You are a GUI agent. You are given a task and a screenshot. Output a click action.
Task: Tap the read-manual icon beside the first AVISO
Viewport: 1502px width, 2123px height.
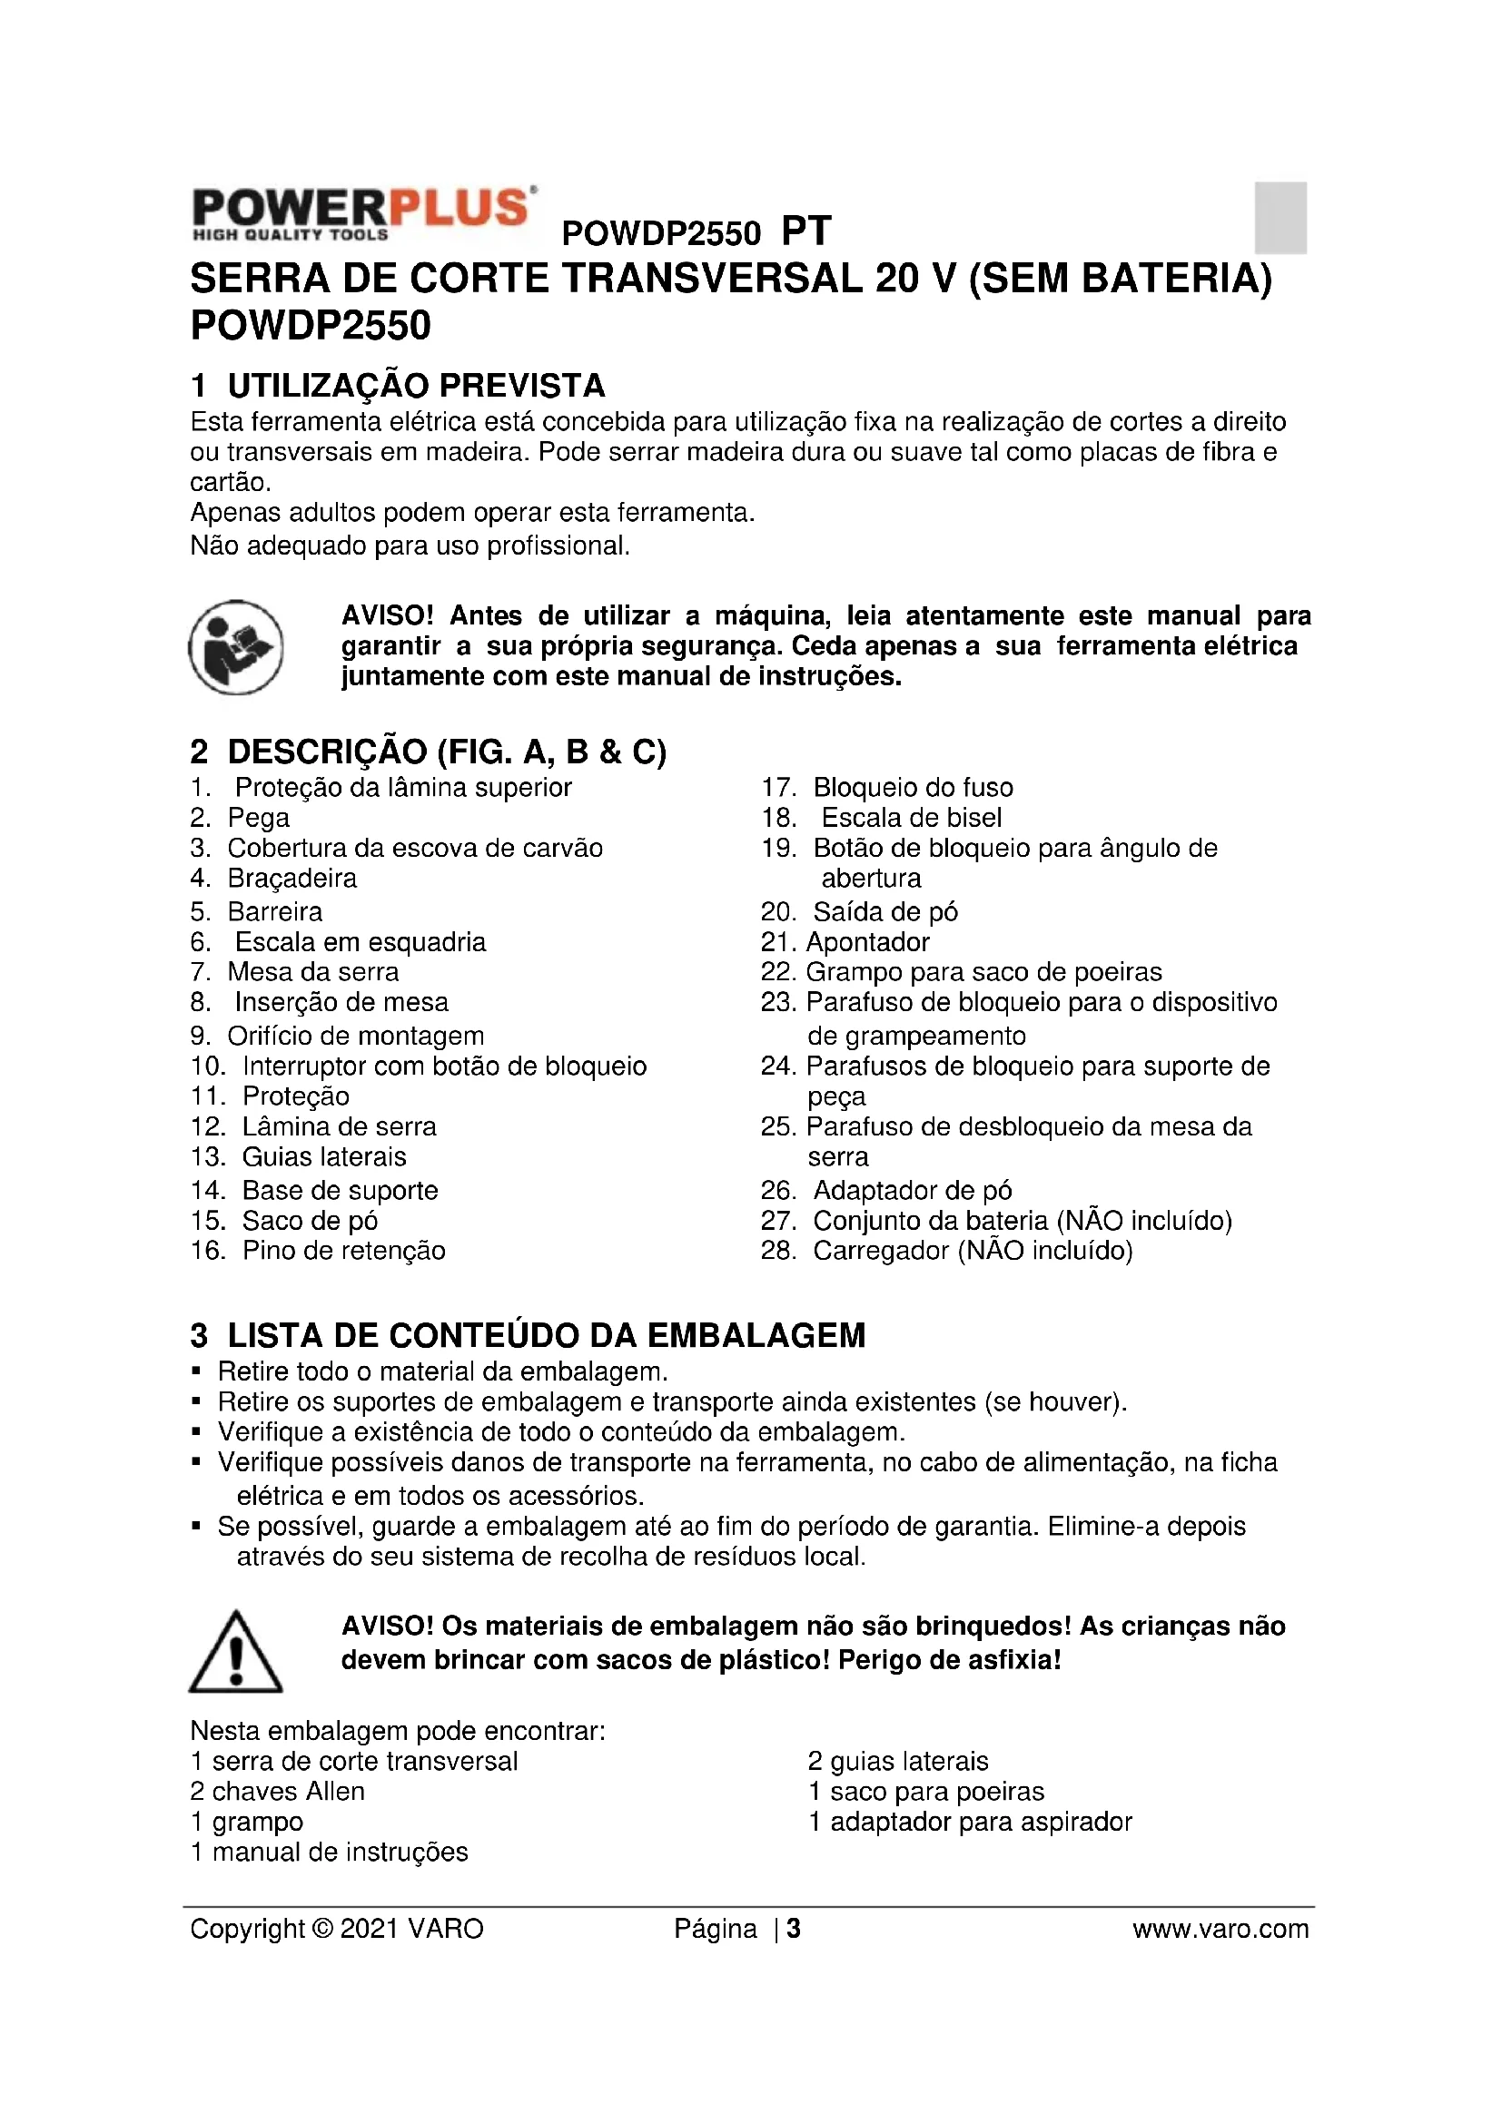tap(236, 647)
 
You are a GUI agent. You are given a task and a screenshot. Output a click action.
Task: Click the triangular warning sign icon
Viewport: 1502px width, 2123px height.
tap(236, 1652)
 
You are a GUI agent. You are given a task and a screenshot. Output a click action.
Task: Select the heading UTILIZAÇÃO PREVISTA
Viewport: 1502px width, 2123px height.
tap(416, 385)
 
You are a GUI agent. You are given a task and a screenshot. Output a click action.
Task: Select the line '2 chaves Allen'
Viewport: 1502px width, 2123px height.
tap(278, 1791)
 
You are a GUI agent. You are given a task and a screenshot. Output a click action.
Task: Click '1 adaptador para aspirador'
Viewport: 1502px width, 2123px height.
tap(970, 1822)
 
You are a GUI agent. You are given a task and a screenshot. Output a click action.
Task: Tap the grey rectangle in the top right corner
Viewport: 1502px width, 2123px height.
tap(1280, 217)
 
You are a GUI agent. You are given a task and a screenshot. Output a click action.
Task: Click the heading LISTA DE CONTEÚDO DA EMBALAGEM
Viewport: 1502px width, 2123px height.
tap(546, 1335)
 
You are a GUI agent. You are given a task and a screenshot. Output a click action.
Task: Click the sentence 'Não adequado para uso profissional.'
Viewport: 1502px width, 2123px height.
tap(410, 545)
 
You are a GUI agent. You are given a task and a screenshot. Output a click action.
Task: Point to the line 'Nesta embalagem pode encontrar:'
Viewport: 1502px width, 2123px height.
tap(398, 1731)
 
